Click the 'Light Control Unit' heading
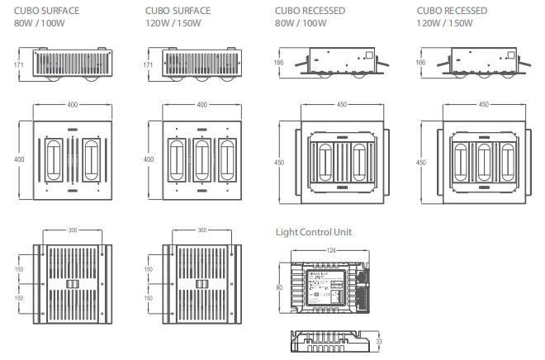[x=313, y=232]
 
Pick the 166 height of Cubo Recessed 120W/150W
[x=421, y=63]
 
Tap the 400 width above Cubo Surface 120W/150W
[x=201, y=106]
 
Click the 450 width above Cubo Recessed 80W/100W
[x=341, y=105]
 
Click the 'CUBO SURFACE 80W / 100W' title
[x=46, y=17]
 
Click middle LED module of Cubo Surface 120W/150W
[x=201, y=158]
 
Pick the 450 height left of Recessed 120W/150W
[x=421, y=163]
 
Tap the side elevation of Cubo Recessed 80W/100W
[x=342, y=63]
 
